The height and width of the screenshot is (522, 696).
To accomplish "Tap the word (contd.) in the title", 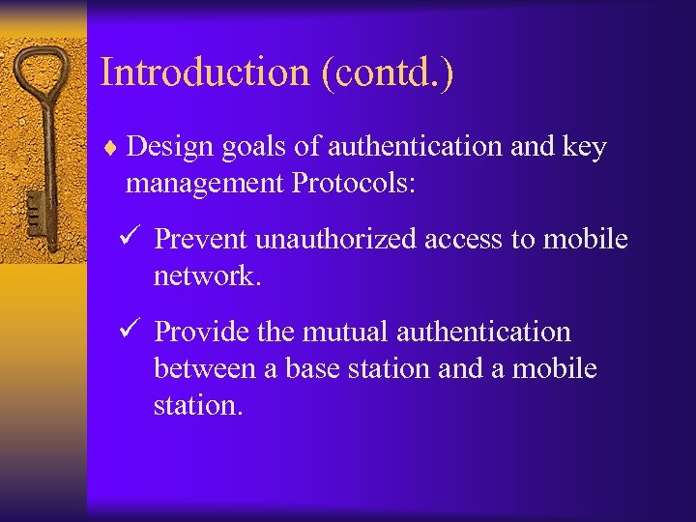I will point(392,72).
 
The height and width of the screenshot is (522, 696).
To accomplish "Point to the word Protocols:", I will point(353,183).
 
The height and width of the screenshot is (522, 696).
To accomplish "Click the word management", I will point(204,183).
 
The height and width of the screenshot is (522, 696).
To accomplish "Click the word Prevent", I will point(200,239).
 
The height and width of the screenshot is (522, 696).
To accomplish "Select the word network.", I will point(207,275).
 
